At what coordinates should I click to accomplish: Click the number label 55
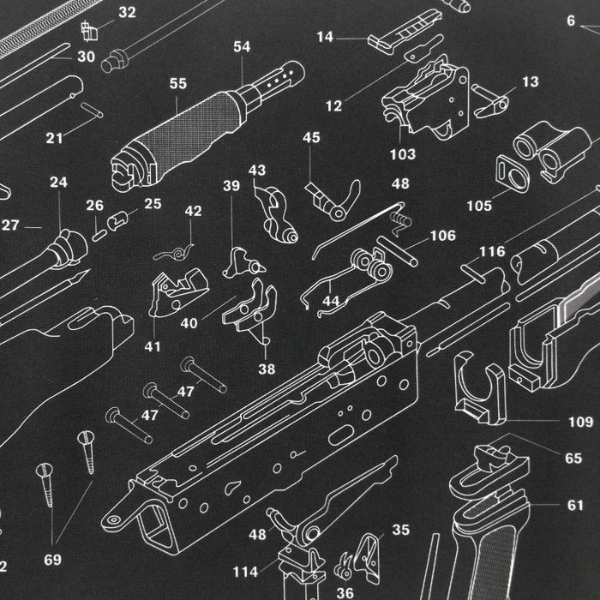[177, 84]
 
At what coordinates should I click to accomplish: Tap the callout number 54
[242, 47]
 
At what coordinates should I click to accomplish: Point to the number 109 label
[580, 422]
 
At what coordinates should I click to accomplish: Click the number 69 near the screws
[52, 560]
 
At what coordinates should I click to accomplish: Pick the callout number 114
[245, 571]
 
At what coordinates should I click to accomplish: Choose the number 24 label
[58, 183]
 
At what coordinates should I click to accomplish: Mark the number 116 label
[492, 252]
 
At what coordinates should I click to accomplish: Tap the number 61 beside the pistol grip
[574, 505]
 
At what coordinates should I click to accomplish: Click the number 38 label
[267, 369]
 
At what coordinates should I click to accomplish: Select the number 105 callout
[479, 206]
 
